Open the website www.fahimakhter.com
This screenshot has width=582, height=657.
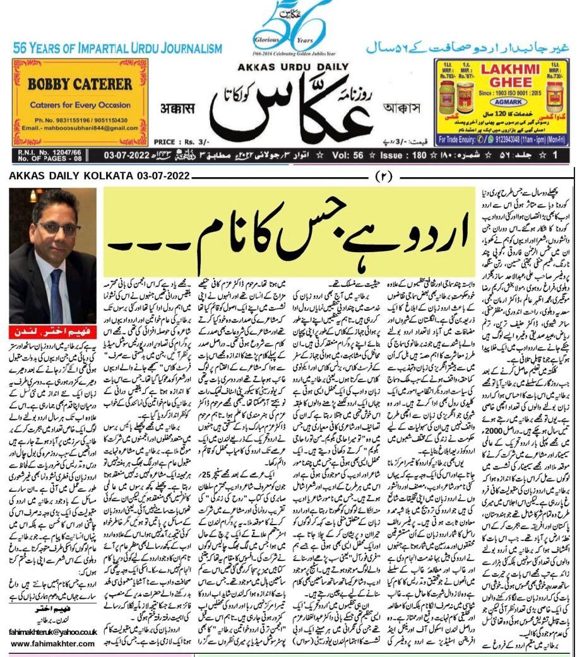pyautogui.click(x=53, y=644)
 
